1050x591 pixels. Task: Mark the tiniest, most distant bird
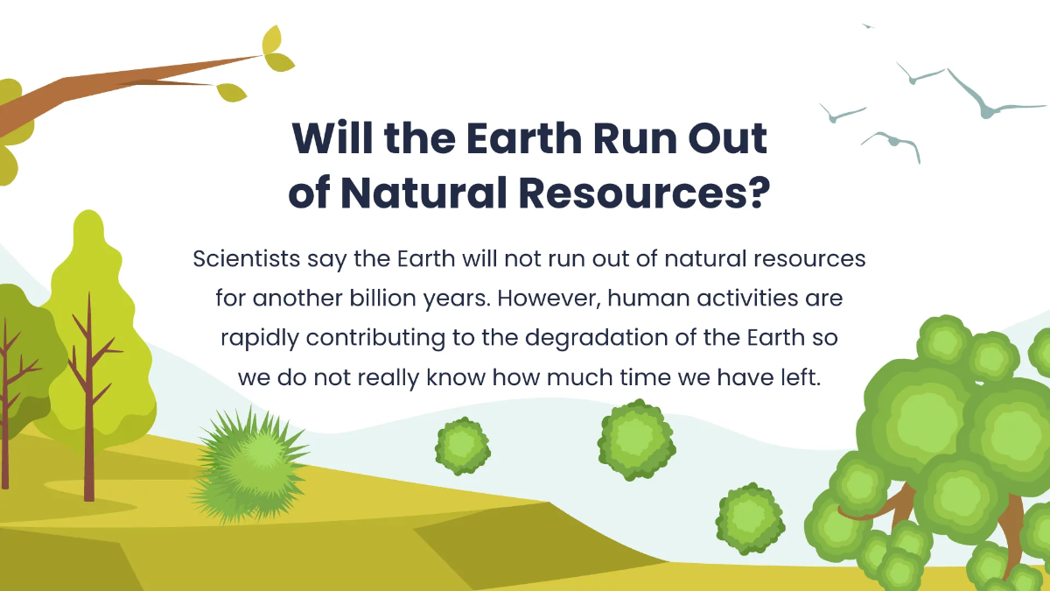[x=867, y=25]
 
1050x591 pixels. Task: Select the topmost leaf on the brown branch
[x=272, y=39]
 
